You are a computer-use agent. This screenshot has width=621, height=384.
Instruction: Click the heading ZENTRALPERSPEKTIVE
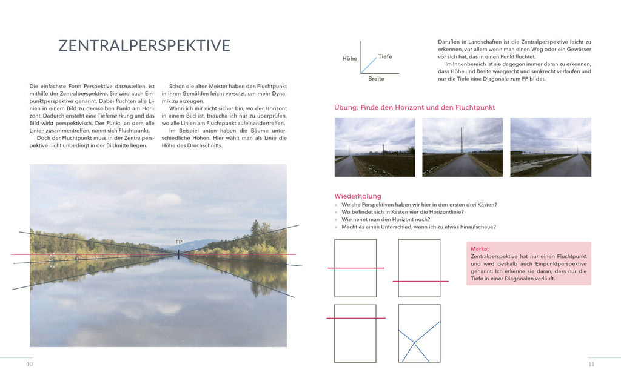pos(144,45)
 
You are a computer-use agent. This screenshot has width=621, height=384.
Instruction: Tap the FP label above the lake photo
pos(179,242)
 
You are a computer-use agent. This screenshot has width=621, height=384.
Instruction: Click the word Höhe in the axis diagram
pos(349,59)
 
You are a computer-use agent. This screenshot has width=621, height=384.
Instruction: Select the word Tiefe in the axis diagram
pos(385,56)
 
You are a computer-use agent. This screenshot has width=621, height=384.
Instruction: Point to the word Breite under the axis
pos(376,79)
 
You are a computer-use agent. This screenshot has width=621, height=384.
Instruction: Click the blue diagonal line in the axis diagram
pos(369,65)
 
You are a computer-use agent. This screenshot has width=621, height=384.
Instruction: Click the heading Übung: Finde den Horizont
pos(414,107)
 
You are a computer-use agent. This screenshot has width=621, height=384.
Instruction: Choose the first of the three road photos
pos(375,147)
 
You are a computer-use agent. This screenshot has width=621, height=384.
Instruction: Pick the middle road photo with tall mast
pos(462,147)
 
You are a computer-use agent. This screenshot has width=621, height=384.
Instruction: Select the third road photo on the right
pos(550,147)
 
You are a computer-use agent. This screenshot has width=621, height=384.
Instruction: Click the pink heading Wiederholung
pos(358,196)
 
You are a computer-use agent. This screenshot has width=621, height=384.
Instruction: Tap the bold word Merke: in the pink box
pos(480,249)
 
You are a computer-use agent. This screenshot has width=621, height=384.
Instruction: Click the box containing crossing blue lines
pos(419,333)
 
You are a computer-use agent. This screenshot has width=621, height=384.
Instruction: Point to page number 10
pos(29,364)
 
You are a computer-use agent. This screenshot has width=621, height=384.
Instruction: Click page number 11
pos(591,364)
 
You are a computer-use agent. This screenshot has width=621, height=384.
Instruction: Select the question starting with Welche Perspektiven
pos(419,205)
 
